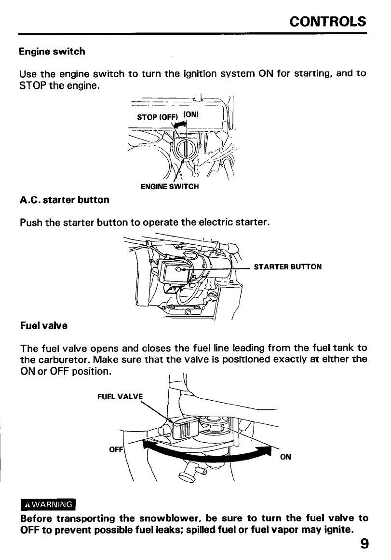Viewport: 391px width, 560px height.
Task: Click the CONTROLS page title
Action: (328, 22)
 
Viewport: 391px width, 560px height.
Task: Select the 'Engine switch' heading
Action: (52, 51)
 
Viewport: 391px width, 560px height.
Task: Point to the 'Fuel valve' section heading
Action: (43, 325)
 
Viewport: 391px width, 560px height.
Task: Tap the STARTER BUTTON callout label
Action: (287, 266)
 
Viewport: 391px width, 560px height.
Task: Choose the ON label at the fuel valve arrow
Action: (285, 457)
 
